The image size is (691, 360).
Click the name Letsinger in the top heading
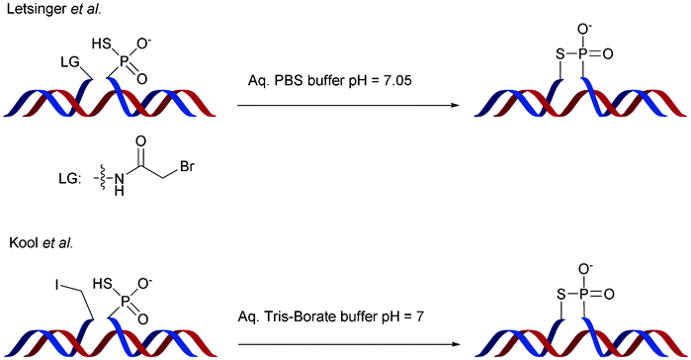(x=27, y=10)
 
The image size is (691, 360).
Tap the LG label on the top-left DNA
(x=68, y=63)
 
